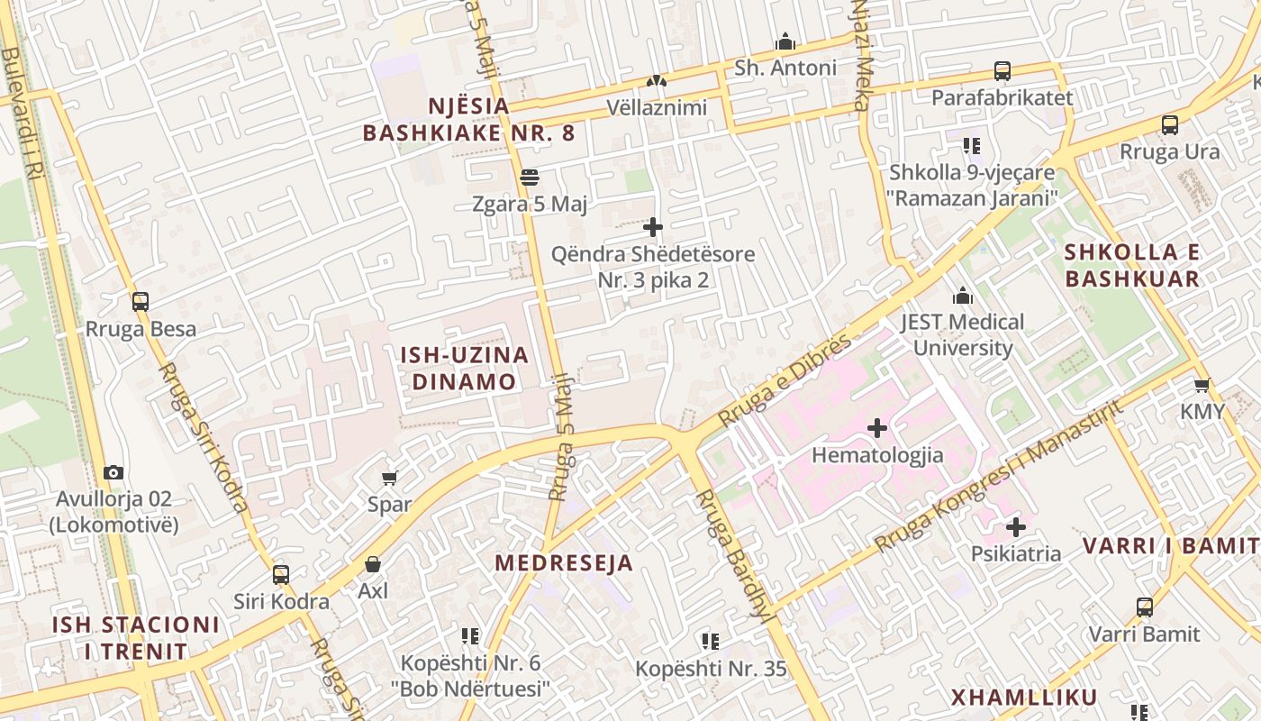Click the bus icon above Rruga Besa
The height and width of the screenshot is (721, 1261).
tap(141, 302)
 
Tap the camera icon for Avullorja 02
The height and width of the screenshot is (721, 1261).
tap(113, 472)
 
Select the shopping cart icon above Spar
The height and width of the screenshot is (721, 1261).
tap(389, 478)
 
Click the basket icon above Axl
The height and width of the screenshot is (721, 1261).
tap(373, 564)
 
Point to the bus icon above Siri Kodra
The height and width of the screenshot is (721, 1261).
tap(281, 574)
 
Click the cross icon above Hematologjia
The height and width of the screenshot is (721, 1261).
tap(877, 428)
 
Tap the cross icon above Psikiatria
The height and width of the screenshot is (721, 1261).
tap(1016, 526)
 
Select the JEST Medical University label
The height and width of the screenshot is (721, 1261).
tap(963, 334)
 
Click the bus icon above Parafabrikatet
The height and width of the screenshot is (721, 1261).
tap(1002, 71)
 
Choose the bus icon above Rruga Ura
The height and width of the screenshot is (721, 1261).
tap(1170, 125)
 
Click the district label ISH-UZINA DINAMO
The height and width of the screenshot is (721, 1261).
tap(465, 368)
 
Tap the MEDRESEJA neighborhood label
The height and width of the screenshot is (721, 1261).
tap(564, 563)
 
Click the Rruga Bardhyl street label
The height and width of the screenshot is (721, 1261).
tap(733, 555)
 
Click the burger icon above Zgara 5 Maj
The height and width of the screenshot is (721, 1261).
tap(530, 178)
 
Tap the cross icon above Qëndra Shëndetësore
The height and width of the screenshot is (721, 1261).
tap(653, 227)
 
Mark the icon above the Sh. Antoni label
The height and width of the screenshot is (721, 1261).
tap(785, 41)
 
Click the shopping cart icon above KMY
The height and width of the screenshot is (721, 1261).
tap(1202, 386)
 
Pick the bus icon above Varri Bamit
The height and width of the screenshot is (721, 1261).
tap(1144, 607)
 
